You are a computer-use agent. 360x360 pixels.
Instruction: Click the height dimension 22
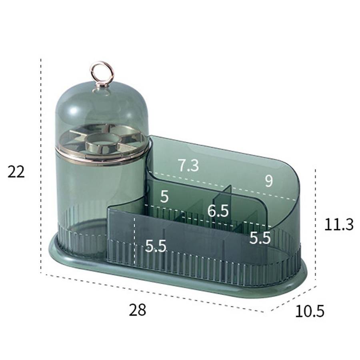(x=16, y=172)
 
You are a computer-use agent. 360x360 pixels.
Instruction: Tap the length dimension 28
(x=138, y=310)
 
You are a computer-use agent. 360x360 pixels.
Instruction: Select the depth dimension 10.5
(x=309, y=310)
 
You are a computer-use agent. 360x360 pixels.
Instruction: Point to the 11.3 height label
(x=338, y=225)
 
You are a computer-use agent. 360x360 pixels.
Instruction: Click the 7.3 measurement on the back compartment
(x=188, y=165)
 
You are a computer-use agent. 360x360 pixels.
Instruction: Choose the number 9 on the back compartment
(x=269, y=181)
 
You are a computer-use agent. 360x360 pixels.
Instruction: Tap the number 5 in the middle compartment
(x=164, y=196)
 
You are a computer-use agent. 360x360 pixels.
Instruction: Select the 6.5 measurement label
(x=218, y=211)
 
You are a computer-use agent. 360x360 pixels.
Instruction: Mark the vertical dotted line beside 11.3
(x=316, y=224)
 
